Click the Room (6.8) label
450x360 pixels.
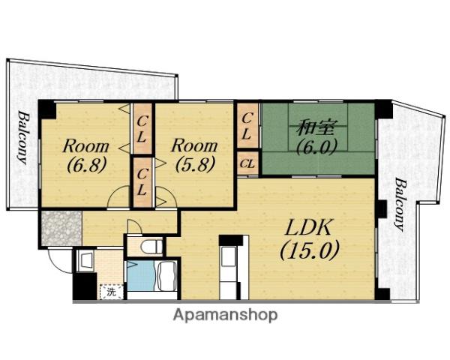click(86, 156)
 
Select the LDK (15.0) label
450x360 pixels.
click(310, 239)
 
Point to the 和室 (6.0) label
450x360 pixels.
click(316, 137)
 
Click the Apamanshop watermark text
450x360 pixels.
click(225, 315)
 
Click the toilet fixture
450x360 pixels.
click(151, 246)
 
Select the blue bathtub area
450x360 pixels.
click(142, 276)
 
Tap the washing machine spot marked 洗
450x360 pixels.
click(112, 292)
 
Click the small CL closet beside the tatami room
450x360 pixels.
click(247, 163)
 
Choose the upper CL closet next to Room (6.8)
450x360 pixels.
click(142, 129)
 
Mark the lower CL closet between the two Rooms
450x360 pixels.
click(142, 181)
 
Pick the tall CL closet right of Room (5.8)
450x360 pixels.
click(247, 126)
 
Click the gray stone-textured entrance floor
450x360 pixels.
click(61, 229)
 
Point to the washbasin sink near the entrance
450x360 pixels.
click(86, 260)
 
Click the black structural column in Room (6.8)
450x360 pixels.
click(48, 109)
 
